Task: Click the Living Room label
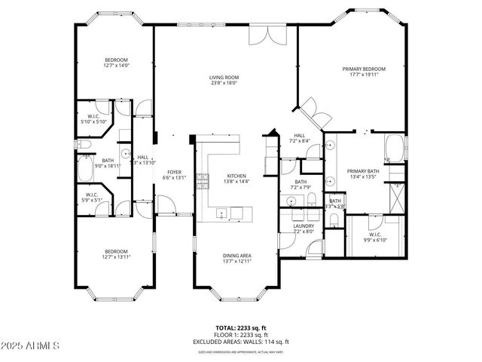(223, 78)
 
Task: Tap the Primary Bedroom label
(364, 69)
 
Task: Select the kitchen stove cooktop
(202, 179)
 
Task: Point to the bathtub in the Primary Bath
(395, 149)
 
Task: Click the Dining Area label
(236, 256)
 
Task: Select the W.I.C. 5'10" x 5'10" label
(95, 118)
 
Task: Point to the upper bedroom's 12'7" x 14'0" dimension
(117, 66)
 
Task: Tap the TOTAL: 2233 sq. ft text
(240, 327)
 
